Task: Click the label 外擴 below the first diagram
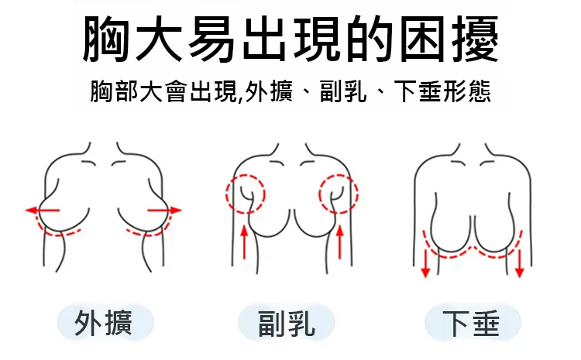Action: click(x=103, y=323)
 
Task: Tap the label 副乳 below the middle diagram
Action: click(x=287, y=324)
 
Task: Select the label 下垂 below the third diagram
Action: click(x=471, y=324)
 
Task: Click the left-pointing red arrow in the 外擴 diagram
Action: click(x=43, y=211)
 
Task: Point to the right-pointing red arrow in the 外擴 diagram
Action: click(x=164, y=211)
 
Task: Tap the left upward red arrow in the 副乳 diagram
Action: click(x=244, y=242)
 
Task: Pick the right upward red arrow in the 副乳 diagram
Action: click(x=340, y=242)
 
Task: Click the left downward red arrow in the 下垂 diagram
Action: click(x=425, y=264)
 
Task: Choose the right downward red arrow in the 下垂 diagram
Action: click(x=520, y=264)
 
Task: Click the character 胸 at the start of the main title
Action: click(x=106, y=39)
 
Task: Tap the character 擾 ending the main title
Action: click(x=476, y=39)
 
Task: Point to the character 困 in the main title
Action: click(x=422, y=39)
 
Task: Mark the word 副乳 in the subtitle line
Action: click(x=343, y=91)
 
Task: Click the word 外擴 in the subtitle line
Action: click(x=270, y=91)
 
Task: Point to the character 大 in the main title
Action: click(x=159, y=39)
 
